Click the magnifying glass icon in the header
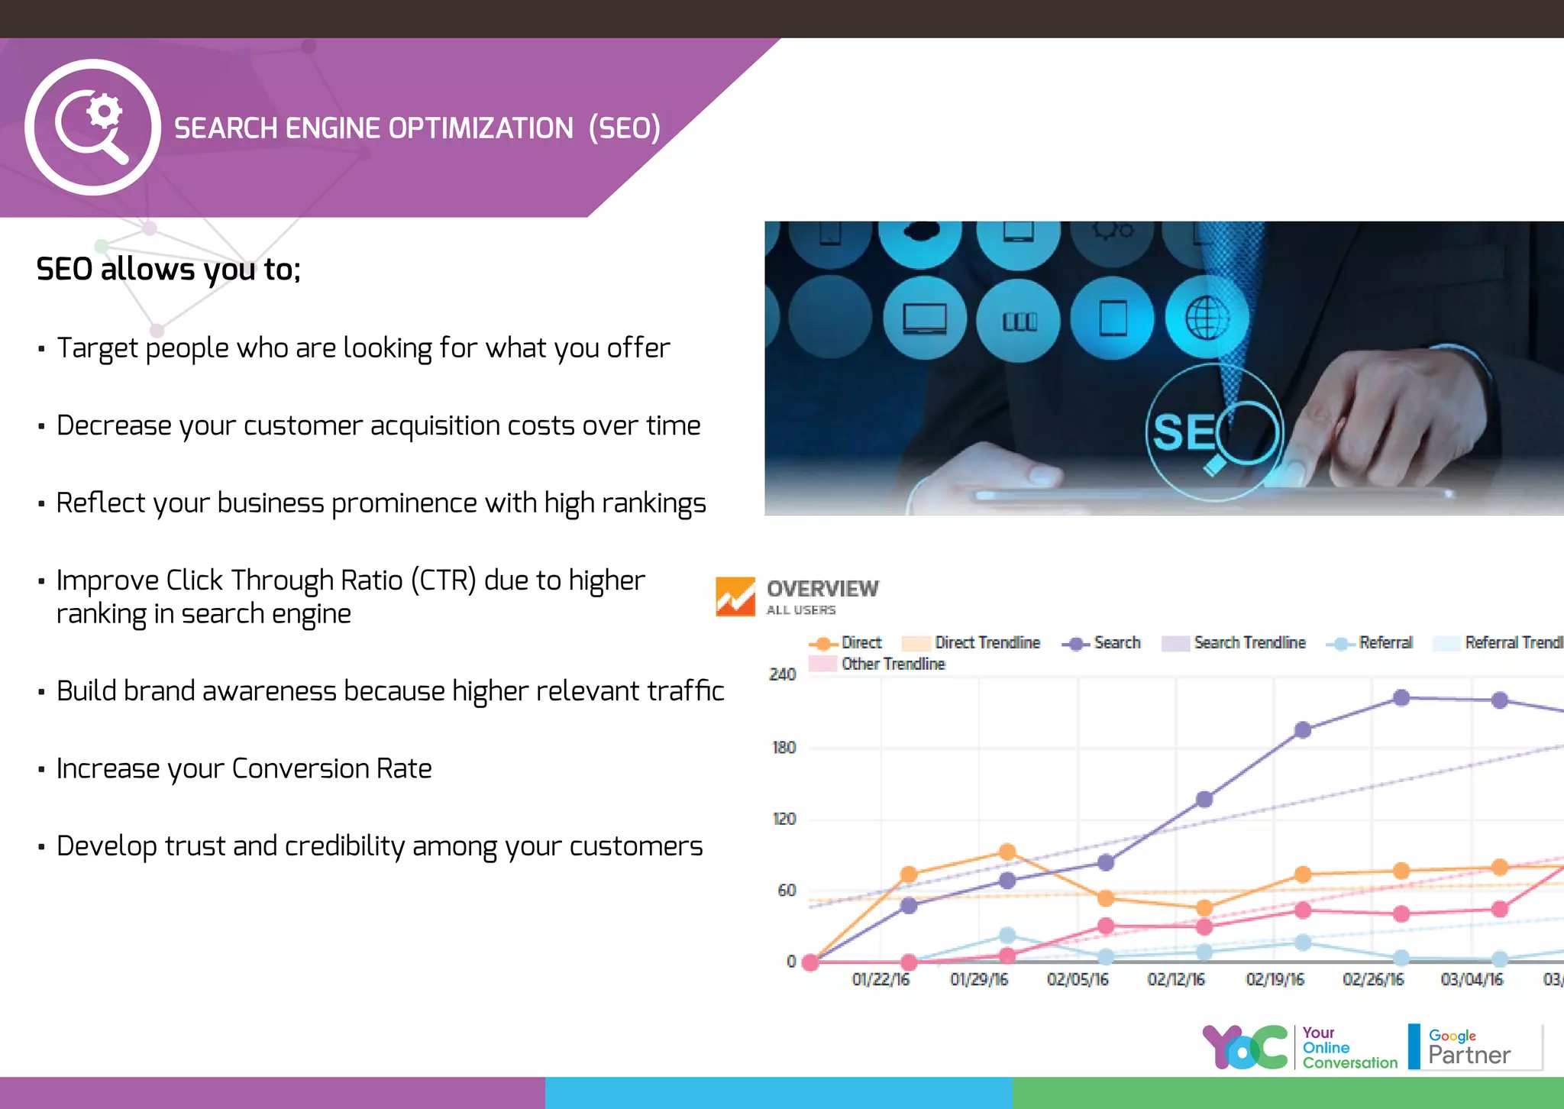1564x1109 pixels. click(92, 127)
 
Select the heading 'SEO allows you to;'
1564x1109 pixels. click(169, 269)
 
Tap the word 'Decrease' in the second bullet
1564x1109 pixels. click(114, 425)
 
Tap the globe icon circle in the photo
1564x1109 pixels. click(1207, 318)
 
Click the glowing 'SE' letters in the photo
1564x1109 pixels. click(1183, 433)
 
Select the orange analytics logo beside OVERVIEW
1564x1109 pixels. click(735, 597)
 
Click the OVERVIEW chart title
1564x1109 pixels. click(822, 589)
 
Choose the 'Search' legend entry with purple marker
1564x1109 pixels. click(1102, 643)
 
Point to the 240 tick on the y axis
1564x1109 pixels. click(782, 674)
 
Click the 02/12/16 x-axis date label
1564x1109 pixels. click(1175, 980)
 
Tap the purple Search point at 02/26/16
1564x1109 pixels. click(1401, 697)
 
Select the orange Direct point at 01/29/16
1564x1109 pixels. click(1007, 852)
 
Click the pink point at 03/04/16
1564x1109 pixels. click(1500, 909)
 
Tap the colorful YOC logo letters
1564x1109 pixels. click(1245, 1047)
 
